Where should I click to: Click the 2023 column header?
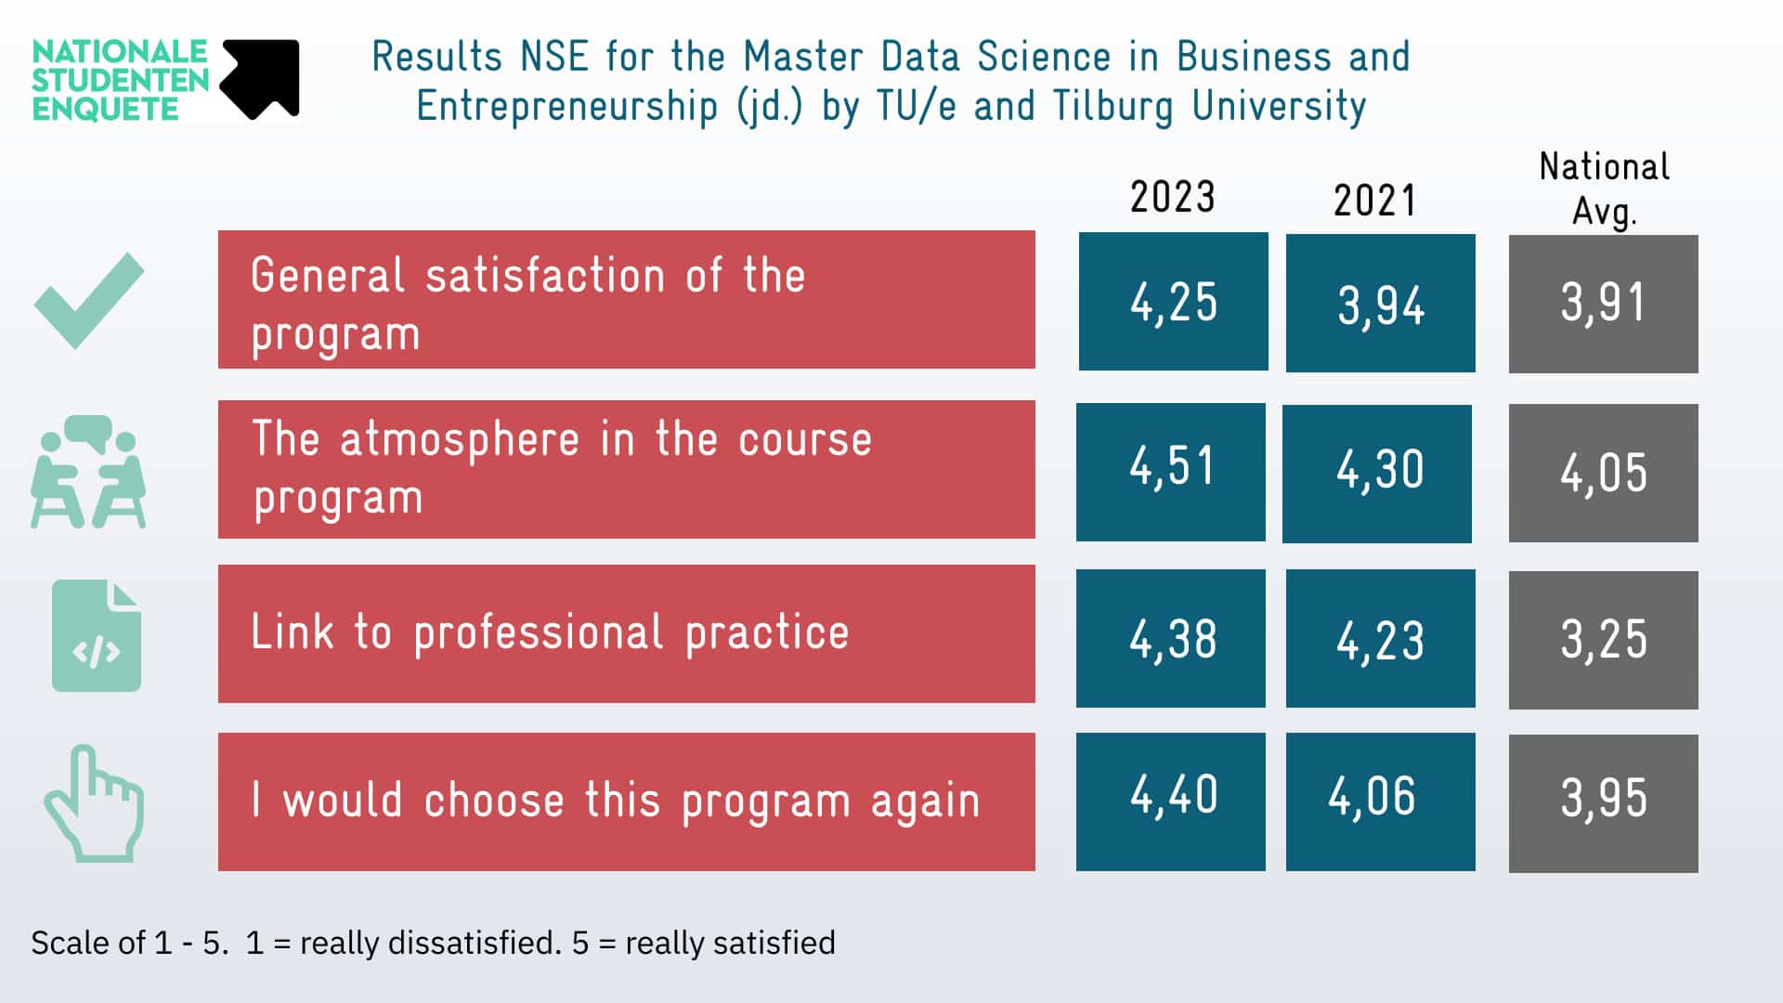click(x=1172, y=197)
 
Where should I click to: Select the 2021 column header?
click(x=1374, y=201)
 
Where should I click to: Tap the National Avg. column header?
click(x=1604, y=189)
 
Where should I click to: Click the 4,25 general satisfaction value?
click(x=1173, y=302)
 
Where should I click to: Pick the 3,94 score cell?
click(x=1380, y=304)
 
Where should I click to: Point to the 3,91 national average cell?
click(x=1603, y=304)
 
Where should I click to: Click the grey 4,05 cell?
click(x=1603, y=473)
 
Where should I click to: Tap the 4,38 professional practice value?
click(x=1170, y=639)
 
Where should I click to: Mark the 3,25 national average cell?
click(x=1603, y=640)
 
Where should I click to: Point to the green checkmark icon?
click(x=89, y=300)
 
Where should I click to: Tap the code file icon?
click(x=97, y=636)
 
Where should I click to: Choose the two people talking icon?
click(x=88, y=472)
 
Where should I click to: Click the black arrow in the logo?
click(x=261, y=78)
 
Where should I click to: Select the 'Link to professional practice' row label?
click(x=550, y=633)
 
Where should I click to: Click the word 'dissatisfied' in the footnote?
click(x=474, y=943)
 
